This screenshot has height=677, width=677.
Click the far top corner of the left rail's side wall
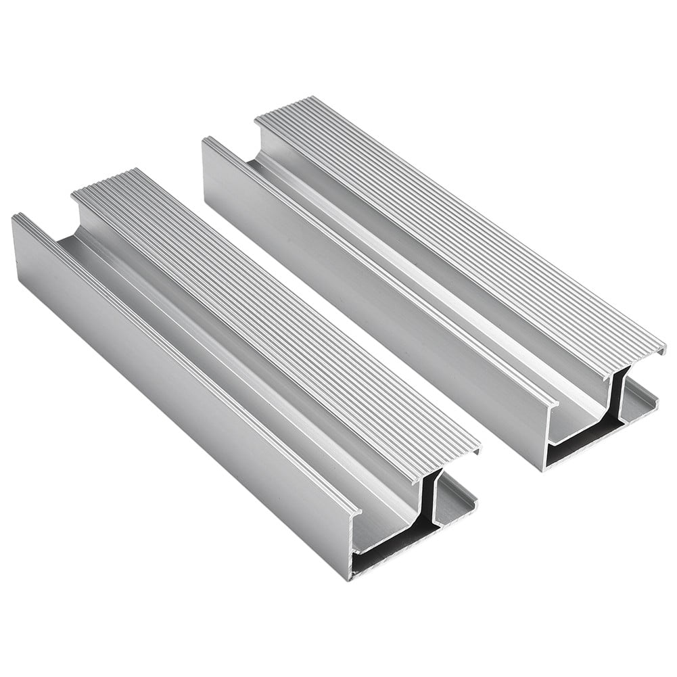point(15,216)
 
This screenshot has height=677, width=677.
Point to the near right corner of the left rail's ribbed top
point(479,448)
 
